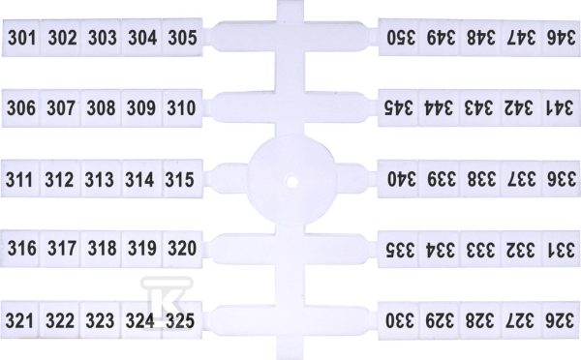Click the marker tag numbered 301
[21, 38]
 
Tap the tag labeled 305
[182, 38]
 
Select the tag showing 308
[101, 108]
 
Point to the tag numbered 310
[182, 108]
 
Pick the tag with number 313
[101, 178]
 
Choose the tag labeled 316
[20, 248]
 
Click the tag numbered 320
[182, 248]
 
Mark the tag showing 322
[60, 320]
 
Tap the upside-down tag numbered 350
[399, 37]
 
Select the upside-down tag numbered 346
[561, 37]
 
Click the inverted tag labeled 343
[480, 107]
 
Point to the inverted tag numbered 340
[399, 179]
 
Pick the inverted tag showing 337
[521, 179]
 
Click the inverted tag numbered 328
[480, 320]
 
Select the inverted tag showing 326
[561, 320]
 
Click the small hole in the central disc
[291, 182]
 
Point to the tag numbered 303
[101, 38]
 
